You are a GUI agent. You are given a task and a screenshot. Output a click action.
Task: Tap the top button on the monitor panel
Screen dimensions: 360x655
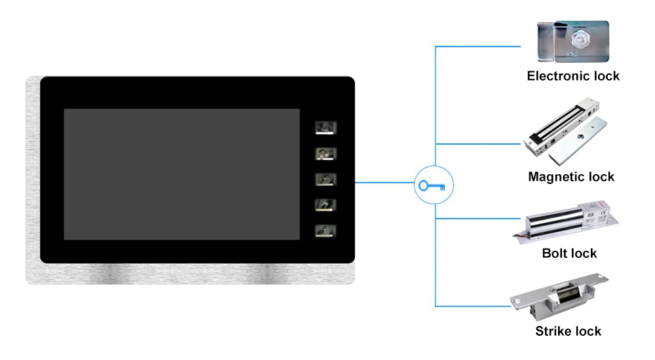[x=325, y=128]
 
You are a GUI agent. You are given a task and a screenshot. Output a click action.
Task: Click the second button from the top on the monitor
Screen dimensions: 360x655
[x=325, y=154]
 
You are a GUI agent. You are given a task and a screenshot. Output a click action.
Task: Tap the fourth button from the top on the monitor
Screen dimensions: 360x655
[x=325, y=205]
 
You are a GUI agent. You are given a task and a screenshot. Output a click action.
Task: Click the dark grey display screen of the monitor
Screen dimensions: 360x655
[x=181, y=174]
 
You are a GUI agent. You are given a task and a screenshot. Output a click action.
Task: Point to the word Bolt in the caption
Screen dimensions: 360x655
[x=554, y=253]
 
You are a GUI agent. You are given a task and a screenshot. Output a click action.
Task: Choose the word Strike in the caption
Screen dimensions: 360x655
[x=554, y=331]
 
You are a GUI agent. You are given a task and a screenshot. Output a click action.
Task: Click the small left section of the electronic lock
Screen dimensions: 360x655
[x=545, y=40]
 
